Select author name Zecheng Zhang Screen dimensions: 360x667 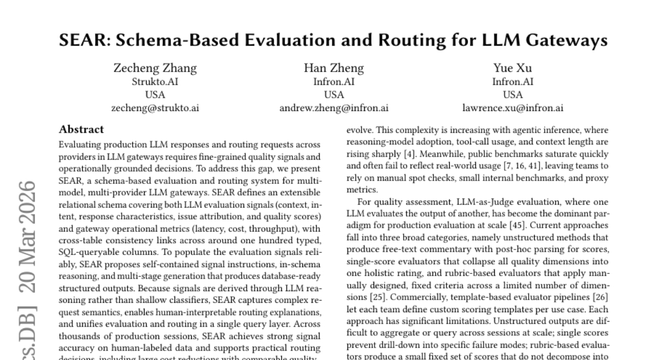(x=155, y=68)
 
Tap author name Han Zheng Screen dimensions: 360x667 (x=333, y=68)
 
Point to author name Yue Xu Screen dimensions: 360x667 (x=512, y=68)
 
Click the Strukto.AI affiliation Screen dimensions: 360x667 (x=155, y=82)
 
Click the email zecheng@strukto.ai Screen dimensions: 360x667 (x=155, y=108)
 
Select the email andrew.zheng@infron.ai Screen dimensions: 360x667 (x=333, y=108)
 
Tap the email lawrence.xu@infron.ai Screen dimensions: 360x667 (x=512, y=108)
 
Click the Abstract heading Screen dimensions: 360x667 (x=81, y=129)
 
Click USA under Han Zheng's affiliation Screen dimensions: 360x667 (x=333, y=95)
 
